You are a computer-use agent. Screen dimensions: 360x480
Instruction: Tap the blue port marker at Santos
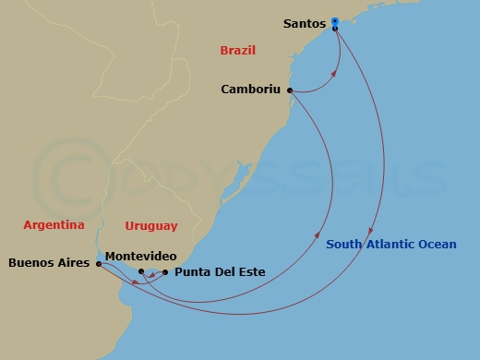coord(335,22)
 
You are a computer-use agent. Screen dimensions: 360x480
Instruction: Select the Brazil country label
coord(237,51)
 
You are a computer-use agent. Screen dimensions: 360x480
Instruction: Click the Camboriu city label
coord(253,90)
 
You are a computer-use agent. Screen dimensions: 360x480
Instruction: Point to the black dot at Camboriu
coord(290,90)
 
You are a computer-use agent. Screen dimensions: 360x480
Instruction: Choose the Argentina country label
coord(54,224)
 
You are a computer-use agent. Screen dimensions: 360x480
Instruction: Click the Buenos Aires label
coord(48,263)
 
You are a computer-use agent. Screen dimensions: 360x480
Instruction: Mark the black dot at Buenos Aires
coord(99,263)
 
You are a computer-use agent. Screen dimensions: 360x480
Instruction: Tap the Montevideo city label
coord(141,255)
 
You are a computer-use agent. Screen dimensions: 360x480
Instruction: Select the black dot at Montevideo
coord(141,271)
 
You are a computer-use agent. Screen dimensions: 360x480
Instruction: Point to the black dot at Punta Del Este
coord(164,272)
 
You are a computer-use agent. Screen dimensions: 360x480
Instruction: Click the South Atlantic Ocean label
coord(391,244)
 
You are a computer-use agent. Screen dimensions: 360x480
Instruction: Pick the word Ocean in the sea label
coord(438,244)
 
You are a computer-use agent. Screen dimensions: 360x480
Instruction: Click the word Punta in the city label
coord(191,272)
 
